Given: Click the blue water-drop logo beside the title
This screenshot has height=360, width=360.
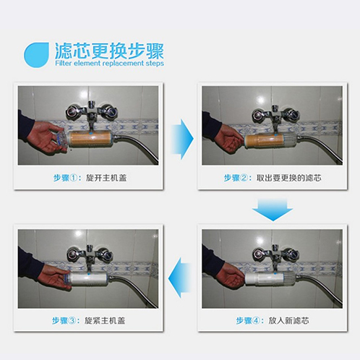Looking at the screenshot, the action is [36, 55].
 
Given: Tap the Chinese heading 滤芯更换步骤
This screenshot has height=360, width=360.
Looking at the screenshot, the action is [110, 51].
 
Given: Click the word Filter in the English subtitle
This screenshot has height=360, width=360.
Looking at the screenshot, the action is [64, 64].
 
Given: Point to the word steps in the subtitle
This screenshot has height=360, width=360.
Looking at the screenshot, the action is [155, 64].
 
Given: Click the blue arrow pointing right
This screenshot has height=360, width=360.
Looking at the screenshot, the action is [182, 139].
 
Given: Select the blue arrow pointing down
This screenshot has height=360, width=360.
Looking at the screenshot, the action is [273, 210].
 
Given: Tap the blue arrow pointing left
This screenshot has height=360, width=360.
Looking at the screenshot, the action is [179, 278].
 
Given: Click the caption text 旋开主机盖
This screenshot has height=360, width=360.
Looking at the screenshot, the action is [106, 178].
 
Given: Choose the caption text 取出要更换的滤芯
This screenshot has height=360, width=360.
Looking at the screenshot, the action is [288, 178].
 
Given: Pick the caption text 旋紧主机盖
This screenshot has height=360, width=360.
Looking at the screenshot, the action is [105, 321].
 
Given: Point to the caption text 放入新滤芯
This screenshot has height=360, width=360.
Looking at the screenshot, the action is [288, 321].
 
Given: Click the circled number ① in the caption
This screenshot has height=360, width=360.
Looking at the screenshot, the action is [73, 178].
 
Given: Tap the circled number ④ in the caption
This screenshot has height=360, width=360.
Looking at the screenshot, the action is [256, 321].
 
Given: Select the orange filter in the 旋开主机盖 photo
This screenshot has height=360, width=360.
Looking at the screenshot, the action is [90, 140].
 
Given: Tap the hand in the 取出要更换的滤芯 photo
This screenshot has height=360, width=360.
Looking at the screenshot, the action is [229, 140].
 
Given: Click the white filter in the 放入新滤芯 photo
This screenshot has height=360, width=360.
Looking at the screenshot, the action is [270, 279].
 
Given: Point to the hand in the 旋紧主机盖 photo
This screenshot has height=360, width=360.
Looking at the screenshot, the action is [56, 277].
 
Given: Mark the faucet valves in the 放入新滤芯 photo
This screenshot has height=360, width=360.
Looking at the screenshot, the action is [275, 253].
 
